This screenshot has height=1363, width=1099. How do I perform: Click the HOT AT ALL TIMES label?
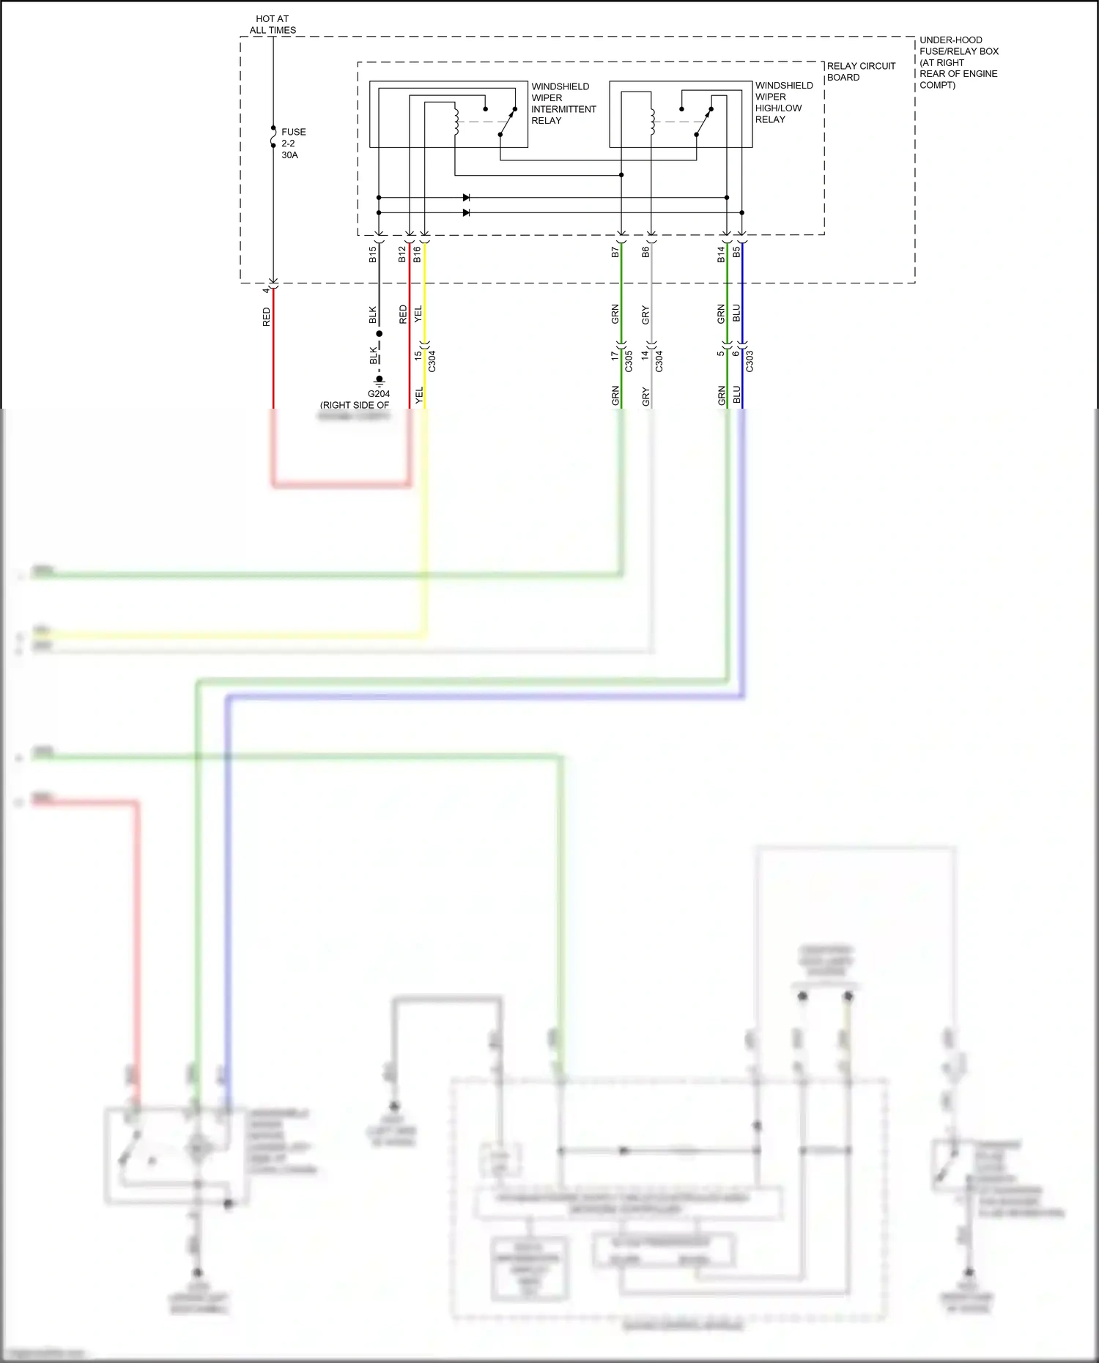[x=273, y=24]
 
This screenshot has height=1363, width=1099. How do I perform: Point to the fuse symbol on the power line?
[x=273, y=137]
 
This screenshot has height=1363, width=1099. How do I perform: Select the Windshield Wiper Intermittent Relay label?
[x=563, y=103]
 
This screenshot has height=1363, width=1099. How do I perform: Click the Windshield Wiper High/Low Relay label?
[x=783, y=102]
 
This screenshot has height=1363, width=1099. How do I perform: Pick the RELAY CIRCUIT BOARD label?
[x=860, y=72]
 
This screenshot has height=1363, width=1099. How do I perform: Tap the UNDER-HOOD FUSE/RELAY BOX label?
[x=958, y=62]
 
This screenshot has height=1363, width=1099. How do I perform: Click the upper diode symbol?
[x=466, y=198]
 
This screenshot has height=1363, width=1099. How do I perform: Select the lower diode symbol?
[x=466, y=213]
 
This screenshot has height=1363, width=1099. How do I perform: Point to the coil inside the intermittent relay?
[x=456, y=122]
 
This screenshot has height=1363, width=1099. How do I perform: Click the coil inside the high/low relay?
[x=652, y=122]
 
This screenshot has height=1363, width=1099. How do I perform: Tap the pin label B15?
[x=373, y=255]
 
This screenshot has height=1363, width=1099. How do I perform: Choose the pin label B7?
[x=615, y=252]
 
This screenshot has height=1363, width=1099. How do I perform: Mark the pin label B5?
[x=737, y=252]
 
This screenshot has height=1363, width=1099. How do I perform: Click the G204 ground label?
[x=379, y=394]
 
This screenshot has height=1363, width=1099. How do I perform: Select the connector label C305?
[x=629, y=361]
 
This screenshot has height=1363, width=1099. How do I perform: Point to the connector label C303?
[x=750, y=361]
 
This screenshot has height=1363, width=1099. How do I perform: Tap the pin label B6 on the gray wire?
[x=645, y=252]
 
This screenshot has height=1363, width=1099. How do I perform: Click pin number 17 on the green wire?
[x=615, y=356]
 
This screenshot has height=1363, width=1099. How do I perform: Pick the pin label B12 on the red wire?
[x=402, y=254]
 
